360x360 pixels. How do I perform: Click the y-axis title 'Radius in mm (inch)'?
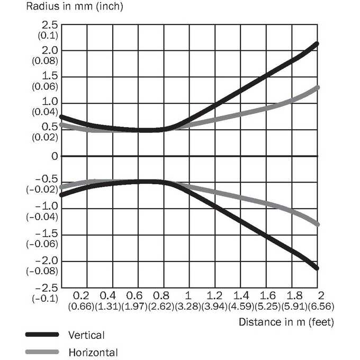[x=75, y=6]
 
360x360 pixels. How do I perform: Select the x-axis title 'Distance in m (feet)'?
[x=286, y=322]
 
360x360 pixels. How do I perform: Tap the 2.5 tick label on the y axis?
[x=50, y=25]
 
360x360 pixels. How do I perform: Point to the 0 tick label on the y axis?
[x=55, y=156]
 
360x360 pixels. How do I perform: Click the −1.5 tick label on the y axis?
[x=47, y=233]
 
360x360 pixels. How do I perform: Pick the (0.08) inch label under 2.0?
[x=45, y=61]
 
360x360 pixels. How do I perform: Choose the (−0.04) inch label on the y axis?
[x=42, y=217]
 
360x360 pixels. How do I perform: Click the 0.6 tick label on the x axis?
[x=134, y=296]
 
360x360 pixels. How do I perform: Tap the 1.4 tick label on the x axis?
[x=241, y=296]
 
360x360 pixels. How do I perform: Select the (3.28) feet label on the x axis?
[x=188, y=307]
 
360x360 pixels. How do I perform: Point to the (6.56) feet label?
[x=321, y=307]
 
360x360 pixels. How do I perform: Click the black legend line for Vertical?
[x=42, y=335]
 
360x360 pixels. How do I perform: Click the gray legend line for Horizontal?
[x=42, y=352]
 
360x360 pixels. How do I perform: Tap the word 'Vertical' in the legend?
[x=86, y=335]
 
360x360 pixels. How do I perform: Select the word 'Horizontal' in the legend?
[x=93, y=353]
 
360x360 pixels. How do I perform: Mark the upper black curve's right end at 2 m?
[x=317, y=43]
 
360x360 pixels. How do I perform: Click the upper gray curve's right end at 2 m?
[x=317, y=87]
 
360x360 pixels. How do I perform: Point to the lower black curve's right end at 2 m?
[x=317, y=268]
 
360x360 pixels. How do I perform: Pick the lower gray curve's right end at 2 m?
[x=317, y=224]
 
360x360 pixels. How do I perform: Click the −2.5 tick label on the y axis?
[x=47, y=287]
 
